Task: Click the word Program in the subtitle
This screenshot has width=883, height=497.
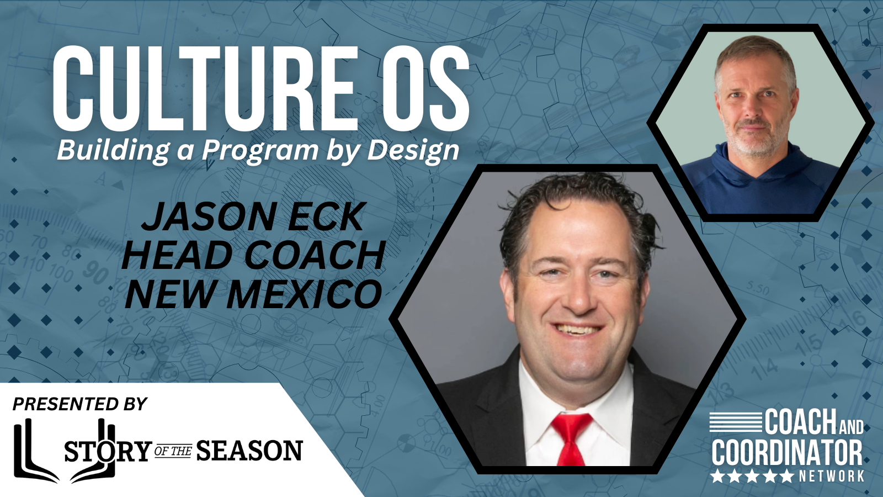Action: tap(260, 151)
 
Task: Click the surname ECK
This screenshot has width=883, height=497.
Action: tap(326, 216)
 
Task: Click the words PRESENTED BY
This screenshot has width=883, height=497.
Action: tap(80, 404)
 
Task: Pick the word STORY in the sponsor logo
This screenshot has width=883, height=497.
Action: tap(108, 451)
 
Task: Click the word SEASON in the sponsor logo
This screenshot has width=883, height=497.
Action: tap(249, 451)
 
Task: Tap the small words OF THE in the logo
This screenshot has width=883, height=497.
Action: tap(173, 451)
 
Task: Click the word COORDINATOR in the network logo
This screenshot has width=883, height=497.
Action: tap(787, 453)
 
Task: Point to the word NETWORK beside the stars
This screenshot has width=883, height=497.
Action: tap(832, 476)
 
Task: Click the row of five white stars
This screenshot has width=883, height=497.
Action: tap(752, 476)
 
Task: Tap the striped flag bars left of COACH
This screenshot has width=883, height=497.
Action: tap(736, 421)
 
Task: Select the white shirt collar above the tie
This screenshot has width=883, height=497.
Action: tap(574, 398)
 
